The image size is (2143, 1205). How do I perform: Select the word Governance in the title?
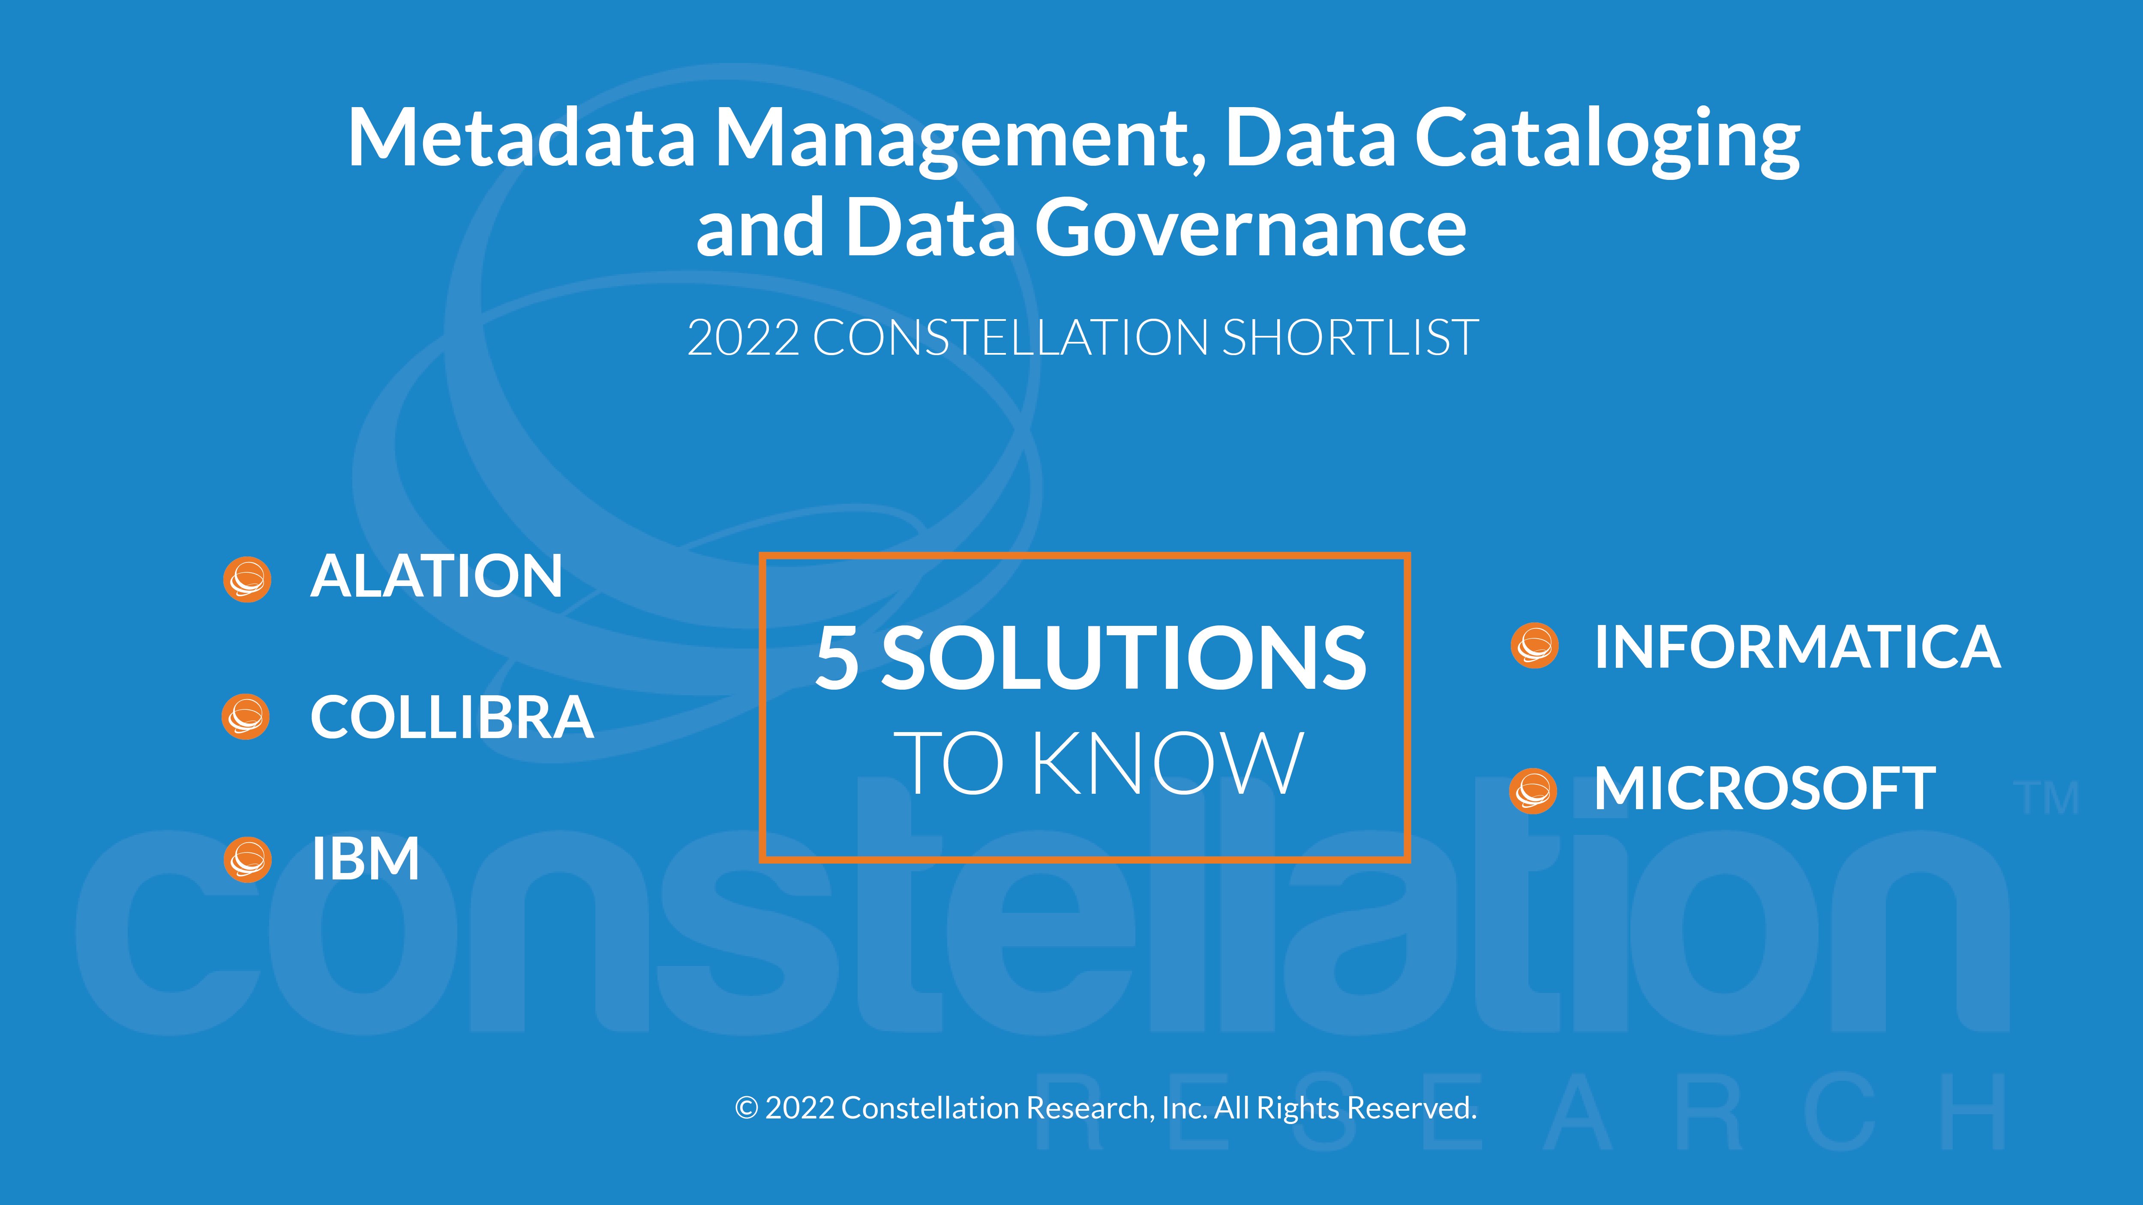click(x=1250, y=229)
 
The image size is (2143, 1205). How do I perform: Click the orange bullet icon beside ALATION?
click(x=247, y=579)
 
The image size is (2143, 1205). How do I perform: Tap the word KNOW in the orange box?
click(x=1167, y=763)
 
